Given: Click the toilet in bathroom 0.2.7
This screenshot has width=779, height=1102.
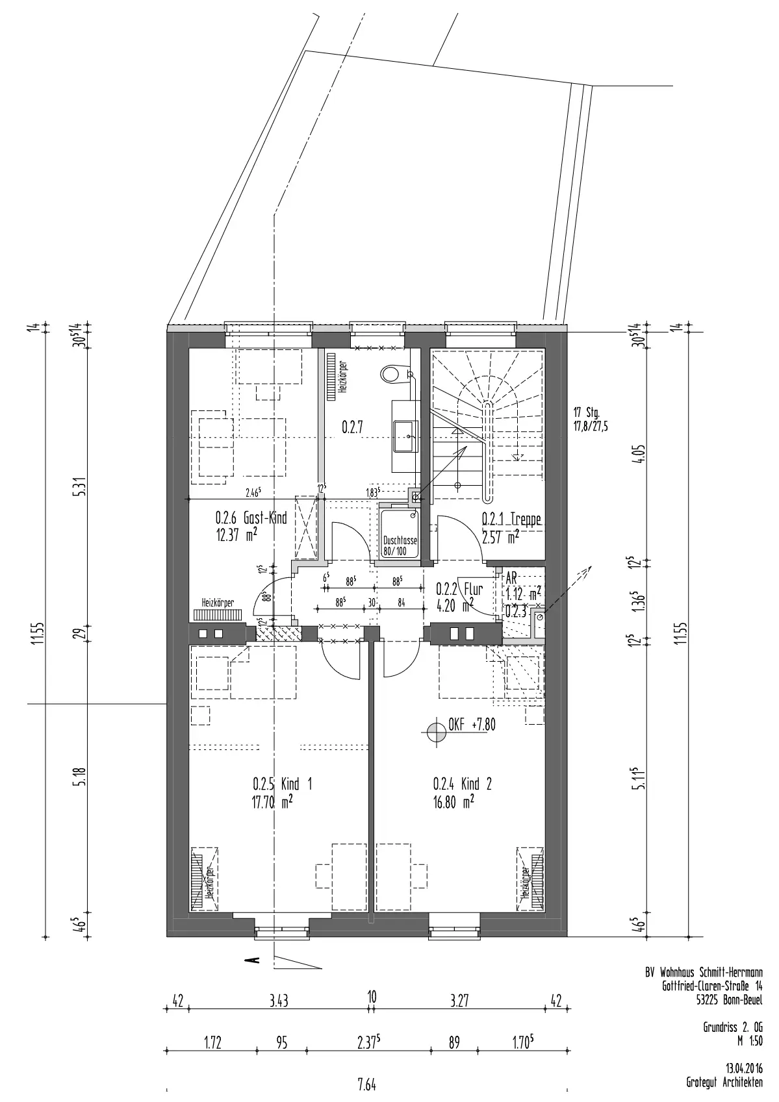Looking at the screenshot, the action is pyautogui.click(x=394, y=373).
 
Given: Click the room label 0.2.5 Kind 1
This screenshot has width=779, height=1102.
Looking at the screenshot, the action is pyautogui.click(x=282, y=784).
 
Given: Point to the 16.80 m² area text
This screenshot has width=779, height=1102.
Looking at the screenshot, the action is pyautogui.click(x=453, y=803).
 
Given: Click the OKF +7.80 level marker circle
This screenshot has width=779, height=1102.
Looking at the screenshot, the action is pyautogui.click(x=435, y=733).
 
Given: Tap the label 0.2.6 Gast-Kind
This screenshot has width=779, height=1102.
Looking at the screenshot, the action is pyautogui.click(x=251, y=518).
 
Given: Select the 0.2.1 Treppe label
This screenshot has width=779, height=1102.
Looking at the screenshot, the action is pyautogui.click(x=511, y=519).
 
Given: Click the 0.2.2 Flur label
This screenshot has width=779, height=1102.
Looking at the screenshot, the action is pyautogui.click(x=459, y=589).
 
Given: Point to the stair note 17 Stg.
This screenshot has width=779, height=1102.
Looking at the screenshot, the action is pyautogui.click(x=587, y=412).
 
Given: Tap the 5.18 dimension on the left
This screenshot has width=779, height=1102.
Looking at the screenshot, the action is pyautogui.click(x=81, y=776).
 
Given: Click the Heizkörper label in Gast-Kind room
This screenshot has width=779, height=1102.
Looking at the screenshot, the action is pyautogui.click(x=218, y=603).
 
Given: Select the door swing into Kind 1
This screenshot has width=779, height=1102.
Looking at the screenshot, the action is pyautogui.click(x=340, y=662).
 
